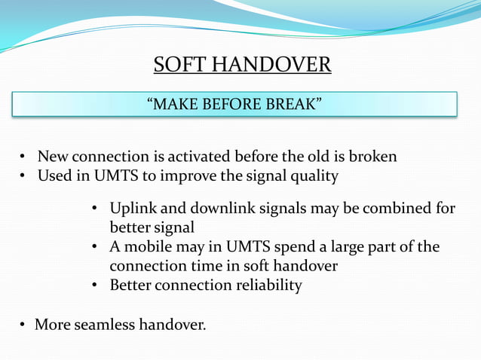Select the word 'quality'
[x=311, y=176]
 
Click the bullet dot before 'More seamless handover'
[x=23, y=325]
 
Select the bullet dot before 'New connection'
[x=23, y=157]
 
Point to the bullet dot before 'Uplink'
[x=95, y=209]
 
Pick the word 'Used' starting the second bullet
[x=54, y=176]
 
